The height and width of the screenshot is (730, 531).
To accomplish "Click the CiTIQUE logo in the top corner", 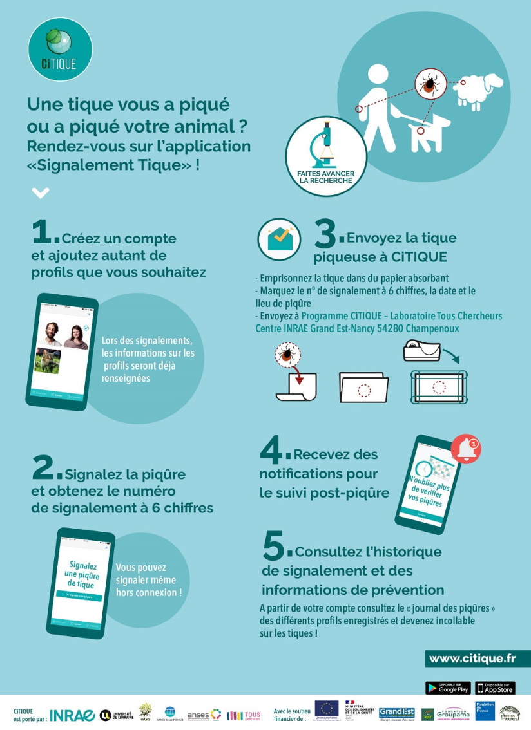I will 60,49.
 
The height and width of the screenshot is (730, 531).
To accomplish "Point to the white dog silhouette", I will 429,129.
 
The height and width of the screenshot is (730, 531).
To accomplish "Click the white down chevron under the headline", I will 40,192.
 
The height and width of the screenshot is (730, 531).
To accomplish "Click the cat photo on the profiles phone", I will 48,361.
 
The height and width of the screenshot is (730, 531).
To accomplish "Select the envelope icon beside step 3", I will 279,239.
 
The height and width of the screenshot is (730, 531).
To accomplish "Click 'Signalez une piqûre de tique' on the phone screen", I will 82,574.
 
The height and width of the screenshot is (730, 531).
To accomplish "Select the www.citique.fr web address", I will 472,658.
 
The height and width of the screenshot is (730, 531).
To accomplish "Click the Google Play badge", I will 448,688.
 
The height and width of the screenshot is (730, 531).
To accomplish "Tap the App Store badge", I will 495,688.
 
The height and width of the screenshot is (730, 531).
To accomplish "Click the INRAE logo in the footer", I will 72,715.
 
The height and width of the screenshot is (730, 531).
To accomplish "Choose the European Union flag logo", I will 327,709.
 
